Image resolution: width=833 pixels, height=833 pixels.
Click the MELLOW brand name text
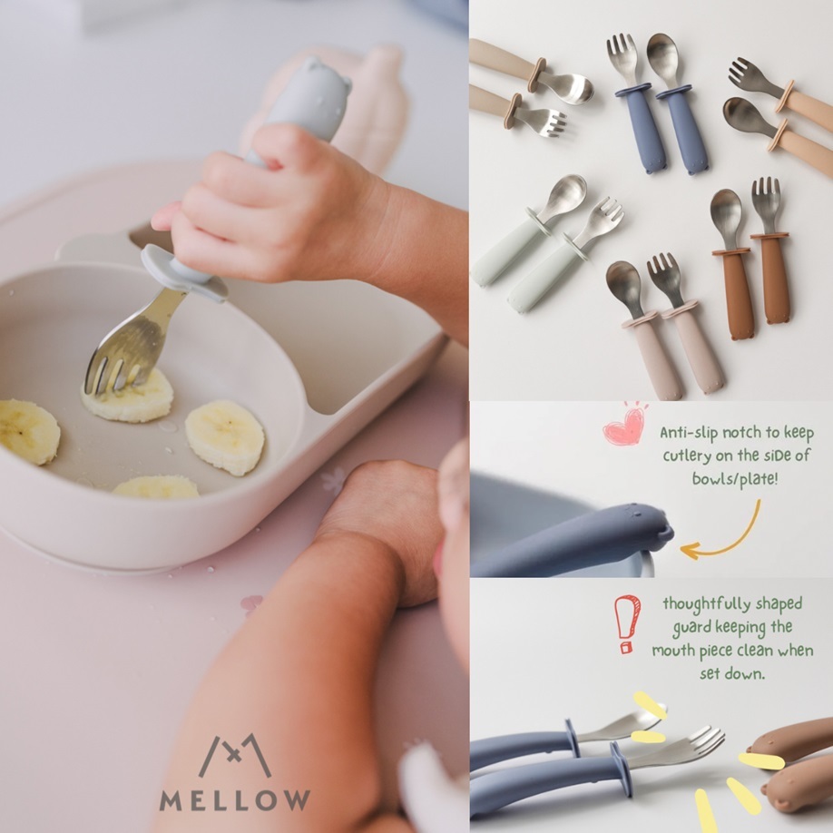(235, 800)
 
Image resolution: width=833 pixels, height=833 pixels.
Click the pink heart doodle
(623, 426)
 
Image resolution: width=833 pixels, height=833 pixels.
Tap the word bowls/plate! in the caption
(735, 478)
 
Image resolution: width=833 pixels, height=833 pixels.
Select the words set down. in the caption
(732, 673)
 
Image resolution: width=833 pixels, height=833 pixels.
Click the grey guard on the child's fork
(184, 273)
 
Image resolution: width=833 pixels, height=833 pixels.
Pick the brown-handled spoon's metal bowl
(726, 211)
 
